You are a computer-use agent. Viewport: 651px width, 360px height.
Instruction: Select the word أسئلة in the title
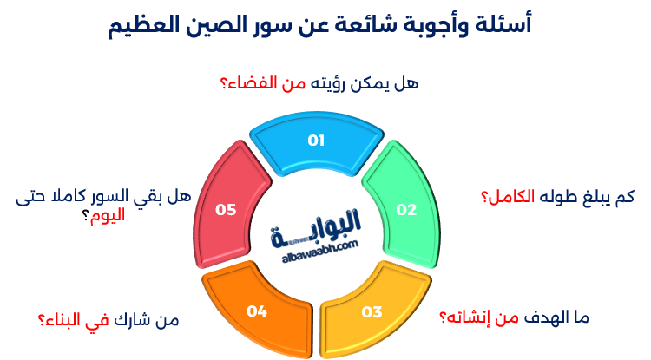(507, 26)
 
